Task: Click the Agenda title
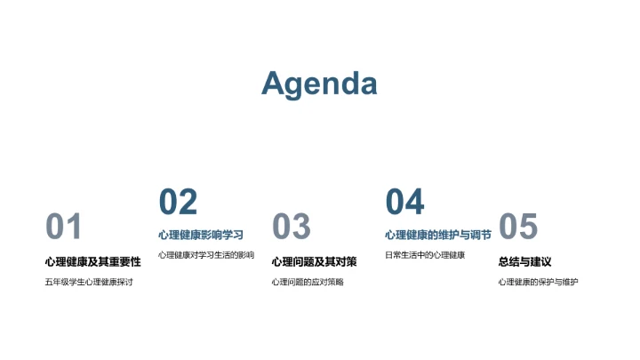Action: pyautogui.click(x=319, y=84)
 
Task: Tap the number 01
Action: pyautogui.click(x=64, y=228)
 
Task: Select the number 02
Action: pyautogui.click(x=178, y=203)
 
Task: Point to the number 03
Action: pyautogui.click(x=292, y=228)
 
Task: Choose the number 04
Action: pyautogui.click(x=404, y=203)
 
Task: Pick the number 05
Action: pyautogui.click(x=518, y=228)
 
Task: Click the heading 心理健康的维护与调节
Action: pyautogui.click(x=437, y=236)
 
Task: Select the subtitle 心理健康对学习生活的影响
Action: pyautogui.click(x=206, y=256)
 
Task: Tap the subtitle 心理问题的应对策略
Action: pyautogui.click(x=307, y=283)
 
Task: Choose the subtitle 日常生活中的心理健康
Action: pyautogui.click(x=425, y=256)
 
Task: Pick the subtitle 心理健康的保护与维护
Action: pyautogui.click(x=538, y=283)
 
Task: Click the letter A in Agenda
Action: pyautogui.click(x=276, y=84)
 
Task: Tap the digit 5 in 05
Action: pyautogui.click(x=528, y=228)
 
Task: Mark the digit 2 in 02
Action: pyautogui.click(x=188, y=203)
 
